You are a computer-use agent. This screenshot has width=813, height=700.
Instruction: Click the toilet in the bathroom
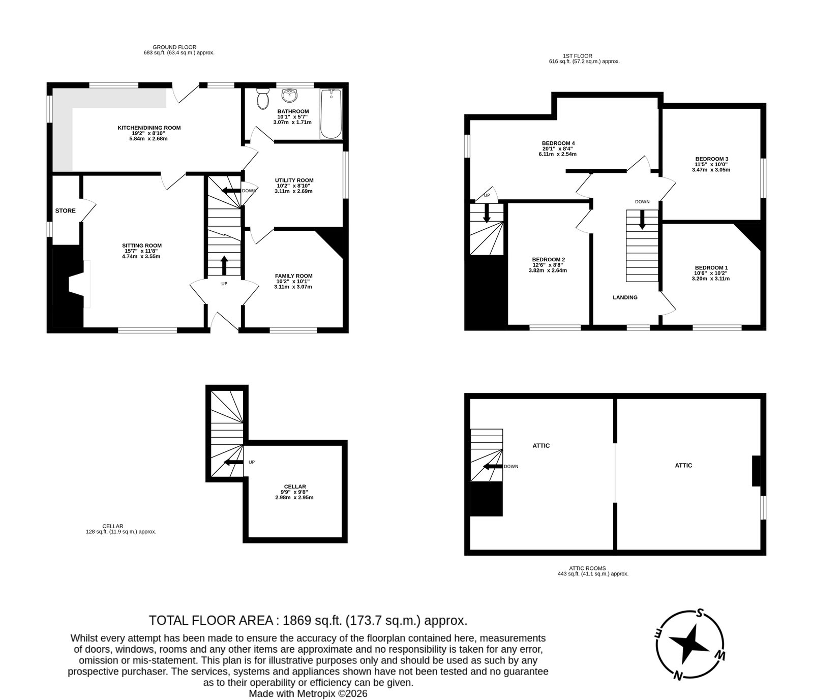pyautogui.click(x=263, y=99)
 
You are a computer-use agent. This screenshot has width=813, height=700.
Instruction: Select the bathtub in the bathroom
pyautogui.click(x=331, y=113)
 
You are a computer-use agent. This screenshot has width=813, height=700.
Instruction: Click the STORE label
pyautogui.click(x=66, y=210)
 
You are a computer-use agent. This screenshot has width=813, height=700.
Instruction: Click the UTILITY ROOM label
pyautogui.click(x=294, y=180)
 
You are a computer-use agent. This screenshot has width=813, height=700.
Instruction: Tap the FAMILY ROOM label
pyautogui.click(x=294, y=276)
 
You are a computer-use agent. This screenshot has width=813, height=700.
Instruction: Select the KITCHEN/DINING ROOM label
pyautogui.click(x=149, y=128)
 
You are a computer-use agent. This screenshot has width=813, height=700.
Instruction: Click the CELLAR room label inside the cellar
pyautogui.click(x=295, y=486)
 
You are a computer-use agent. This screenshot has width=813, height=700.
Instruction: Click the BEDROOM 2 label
pyautogui.click(x=548, y=259)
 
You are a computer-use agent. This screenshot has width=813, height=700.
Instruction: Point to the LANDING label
pyautogui.click(x=625, y=297)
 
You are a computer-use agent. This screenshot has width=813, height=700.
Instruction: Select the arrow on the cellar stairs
pyautogui.click(x=233, y=462)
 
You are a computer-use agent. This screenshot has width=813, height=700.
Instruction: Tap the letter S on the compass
pyautogui.click(x=700, y=613)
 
